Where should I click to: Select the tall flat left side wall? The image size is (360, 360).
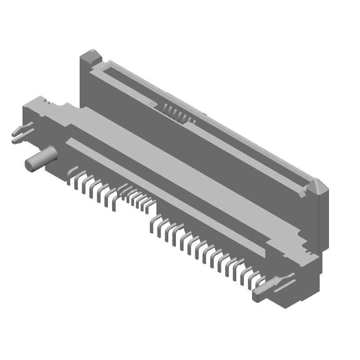pos(88,85)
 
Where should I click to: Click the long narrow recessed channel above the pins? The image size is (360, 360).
pos(166,189)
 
